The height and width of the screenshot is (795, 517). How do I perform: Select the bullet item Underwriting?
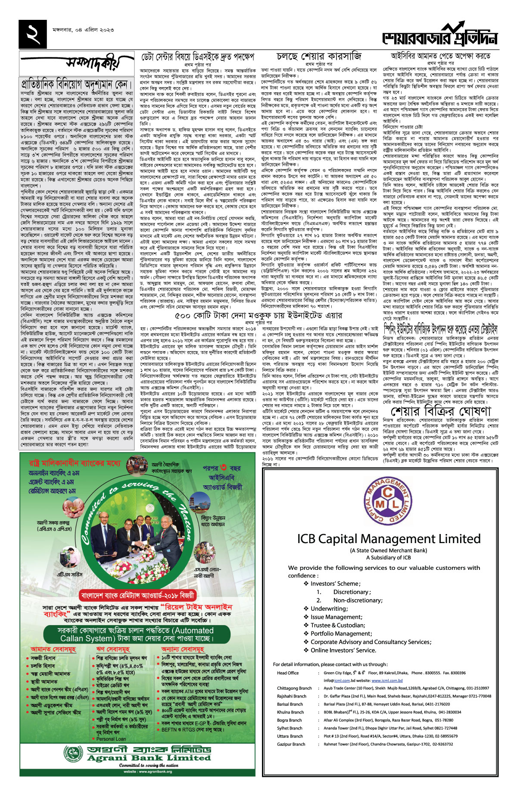(329, 609)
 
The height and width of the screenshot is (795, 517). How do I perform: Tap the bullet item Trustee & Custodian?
(338, 625)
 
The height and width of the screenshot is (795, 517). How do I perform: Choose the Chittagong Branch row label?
(294, 688)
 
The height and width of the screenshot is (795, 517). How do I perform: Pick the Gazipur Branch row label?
(291, 744)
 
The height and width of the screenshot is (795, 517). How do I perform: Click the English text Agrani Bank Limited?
(149, 757)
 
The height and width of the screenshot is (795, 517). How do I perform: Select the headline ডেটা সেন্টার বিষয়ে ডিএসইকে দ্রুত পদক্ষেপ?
(198, 57)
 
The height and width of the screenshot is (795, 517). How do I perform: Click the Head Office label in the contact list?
(288, 673)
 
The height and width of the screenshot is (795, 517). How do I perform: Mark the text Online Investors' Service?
(343, 650)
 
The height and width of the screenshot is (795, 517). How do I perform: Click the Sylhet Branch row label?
(290, 728)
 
